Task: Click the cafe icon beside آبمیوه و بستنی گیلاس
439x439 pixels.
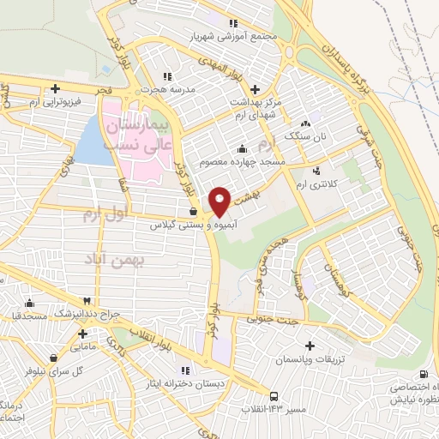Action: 194,211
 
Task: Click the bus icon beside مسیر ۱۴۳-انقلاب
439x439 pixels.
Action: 273,396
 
